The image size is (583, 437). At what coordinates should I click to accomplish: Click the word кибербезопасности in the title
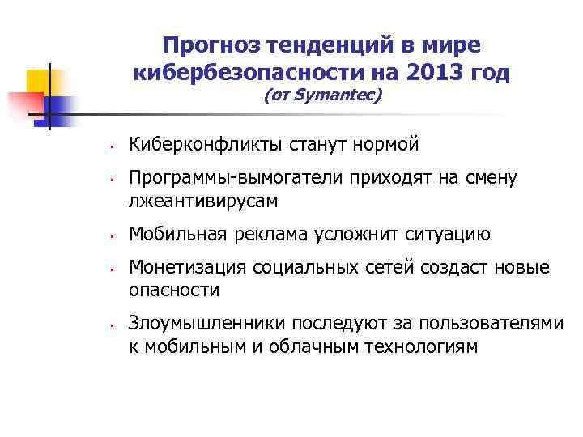[240, 74]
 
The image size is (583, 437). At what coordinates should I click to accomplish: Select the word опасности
[174, 290]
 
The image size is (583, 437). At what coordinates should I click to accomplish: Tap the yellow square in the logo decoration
[38, 82]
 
